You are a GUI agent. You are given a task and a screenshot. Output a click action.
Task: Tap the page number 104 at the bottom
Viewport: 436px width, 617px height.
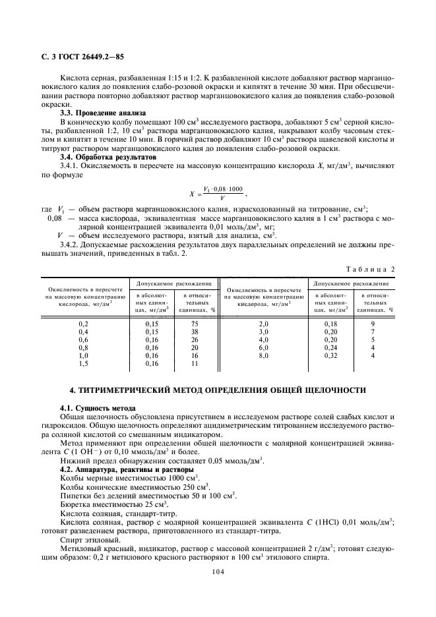[218, 572]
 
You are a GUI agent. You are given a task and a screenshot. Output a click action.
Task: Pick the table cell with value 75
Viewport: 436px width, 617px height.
[195, 324]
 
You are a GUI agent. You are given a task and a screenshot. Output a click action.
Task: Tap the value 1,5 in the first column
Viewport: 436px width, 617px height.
[84, 363]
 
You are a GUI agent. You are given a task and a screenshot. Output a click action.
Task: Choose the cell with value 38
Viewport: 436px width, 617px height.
[195, 332]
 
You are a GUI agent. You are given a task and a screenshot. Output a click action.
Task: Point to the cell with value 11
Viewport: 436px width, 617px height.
[195, 363]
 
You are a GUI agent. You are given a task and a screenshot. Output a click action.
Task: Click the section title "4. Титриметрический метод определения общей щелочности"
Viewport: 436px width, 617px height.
[218, 390]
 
